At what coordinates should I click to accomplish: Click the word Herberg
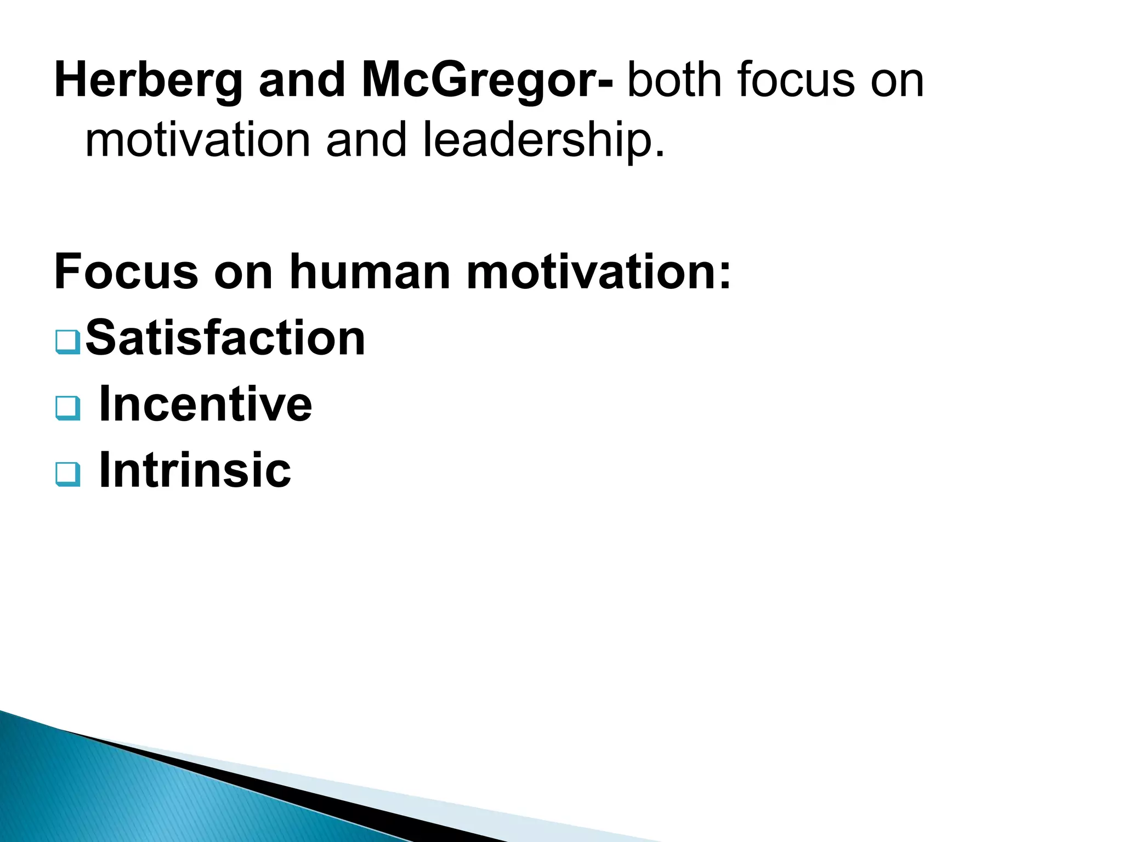[148, 82]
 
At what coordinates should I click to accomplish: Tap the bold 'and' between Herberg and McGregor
[301, 81]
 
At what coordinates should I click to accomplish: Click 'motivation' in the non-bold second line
[198, 140]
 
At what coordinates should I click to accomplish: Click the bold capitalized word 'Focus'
[126, 272]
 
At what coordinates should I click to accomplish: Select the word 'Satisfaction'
[225, 338]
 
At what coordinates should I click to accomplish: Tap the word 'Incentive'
[206, 405]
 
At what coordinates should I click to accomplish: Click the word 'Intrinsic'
[195, 470]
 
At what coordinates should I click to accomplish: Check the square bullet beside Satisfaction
[68, 342]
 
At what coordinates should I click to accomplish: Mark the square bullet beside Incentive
[68, 408]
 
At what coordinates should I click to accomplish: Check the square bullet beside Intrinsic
[68, 474]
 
